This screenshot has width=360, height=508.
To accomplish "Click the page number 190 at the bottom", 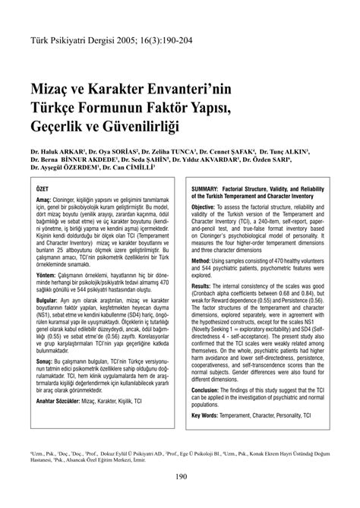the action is coord(180,477).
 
